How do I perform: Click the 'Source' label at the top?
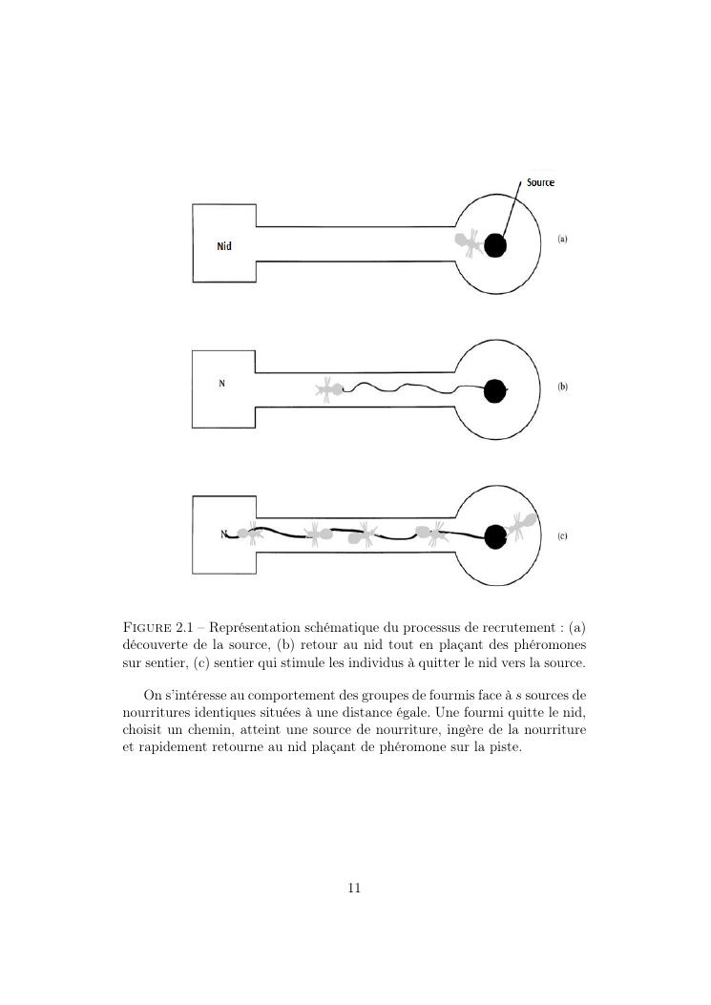pyautogui.click(x=540, y=182)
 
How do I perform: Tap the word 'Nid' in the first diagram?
pyautogui.click(x=224, y=246)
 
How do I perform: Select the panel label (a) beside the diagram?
pyautogui.click(x=562, y=239)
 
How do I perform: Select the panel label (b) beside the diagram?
pyautogui.click(x=562, y=387)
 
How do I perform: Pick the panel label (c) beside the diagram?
pyautogui.click(x=562, y=536)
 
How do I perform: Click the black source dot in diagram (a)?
pyautogui.click(x=494, y=246)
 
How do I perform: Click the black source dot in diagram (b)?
pyautogui.click(x=494, y=391)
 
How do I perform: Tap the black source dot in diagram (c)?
pyautogui.click(x=494, y=537)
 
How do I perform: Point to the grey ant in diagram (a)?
pyautogui.click(x=468, y=241)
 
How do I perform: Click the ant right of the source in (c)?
pyautogui.click(x=520, y=525)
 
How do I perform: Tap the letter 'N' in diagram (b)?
pyautogui.click(x=222, y=384)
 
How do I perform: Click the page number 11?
pyautogui.click(x=354, y=888)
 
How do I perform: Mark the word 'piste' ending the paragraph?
pyautogui.click(x=504, y=747)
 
